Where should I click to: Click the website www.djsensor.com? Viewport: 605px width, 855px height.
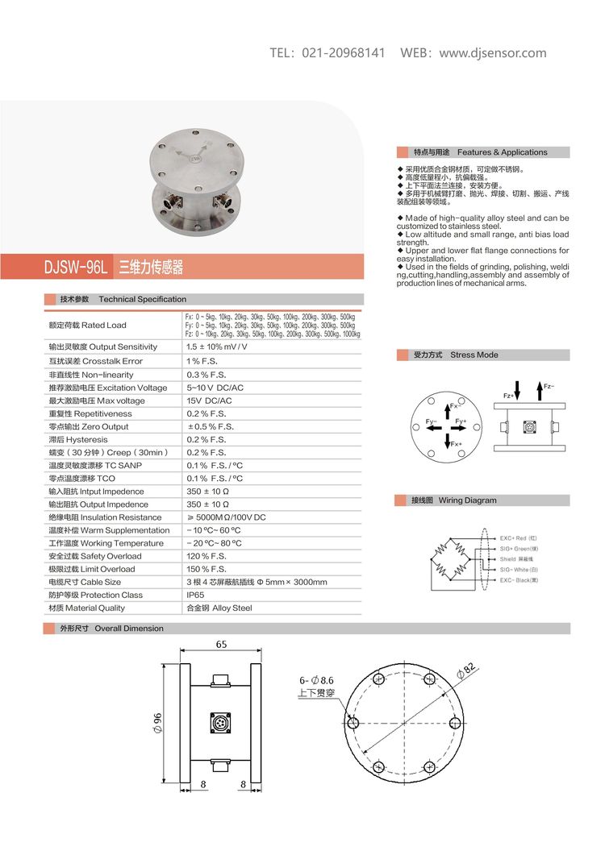(x=493, y=53)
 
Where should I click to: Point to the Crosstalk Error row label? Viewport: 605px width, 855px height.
(x=95, y=361)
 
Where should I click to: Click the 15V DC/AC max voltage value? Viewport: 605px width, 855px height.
(x=209, y=401)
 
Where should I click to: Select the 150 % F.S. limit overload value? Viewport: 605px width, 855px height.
(x=207, y=569)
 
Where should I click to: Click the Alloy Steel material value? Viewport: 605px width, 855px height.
(x=219, y=608)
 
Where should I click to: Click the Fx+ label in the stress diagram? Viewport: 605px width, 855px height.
(x=457, y=444)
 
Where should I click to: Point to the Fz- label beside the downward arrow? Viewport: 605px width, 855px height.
(x=549, y=387)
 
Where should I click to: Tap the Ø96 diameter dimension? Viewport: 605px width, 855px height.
(x=157, y=723)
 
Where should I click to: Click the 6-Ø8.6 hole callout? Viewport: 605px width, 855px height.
(x=315, y=680)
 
